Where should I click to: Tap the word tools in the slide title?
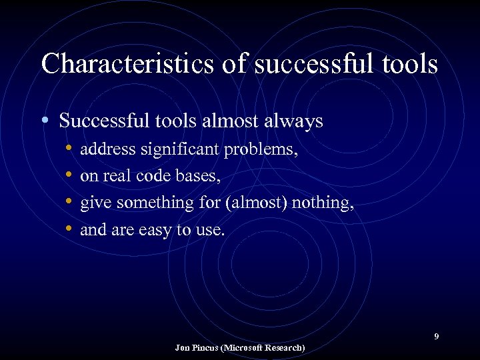(x=409, y=65)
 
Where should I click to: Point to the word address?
(x=107, y=149)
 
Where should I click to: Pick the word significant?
(x=179, y=149)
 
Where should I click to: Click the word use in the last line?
(x=211, y=230)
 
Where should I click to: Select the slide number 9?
(x=437, y=336)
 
